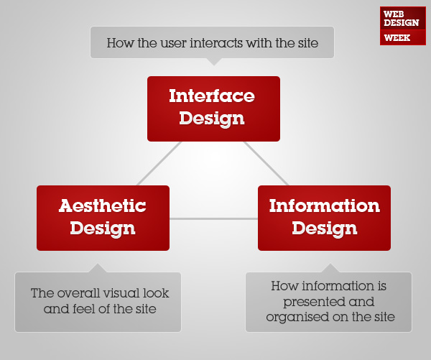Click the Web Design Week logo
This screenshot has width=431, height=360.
click(403, 26)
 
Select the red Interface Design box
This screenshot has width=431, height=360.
click(213, 109)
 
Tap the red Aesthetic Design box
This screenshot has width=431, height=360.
click(103, 218)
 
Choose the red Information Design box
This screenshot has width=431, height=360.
click(325, 218)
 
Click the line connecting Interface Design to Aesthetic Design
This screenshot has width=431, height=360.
click(159, 164)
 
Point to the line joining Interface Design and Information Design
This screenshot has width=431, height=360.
click(266, 164)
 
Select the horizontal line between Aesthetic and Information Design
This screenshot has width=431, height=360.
click(213, 219)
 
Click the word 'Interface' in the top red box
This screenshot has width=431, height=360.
click(212, 96)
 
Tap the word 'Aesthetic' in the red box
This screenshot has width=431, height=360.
click(103, 206)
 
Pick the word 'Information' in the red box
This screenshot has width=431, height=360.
click(325, 206)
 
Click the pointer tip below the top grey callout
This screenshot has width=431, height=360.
click(214, 65)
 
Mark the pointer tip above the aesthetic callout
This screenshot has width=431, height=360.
click(98, 264)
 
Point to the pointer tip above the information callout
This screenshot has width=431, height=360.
click(330, 264)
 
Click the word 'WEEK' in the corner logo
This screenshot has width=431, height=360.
click(397, 37)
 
